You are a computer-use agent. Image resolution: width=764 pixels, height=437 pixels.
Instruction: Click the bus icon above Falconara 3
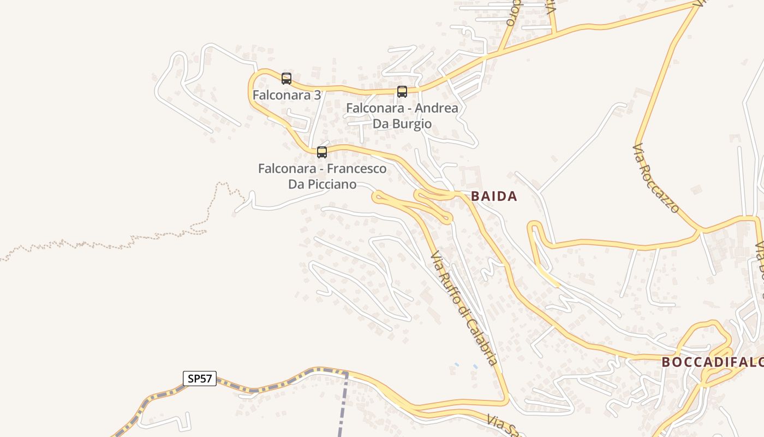[286, 79]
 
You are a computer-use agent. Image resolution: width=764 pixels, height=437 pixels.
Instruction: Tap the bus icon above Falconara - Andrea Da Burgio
[402, 92]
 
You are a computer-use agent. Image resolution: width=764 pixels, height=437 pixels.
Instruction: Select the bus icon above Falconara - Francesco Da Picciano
[322, 152]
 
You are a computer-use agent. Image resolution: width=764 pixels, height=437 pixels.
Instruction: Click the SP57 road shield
[199, 378]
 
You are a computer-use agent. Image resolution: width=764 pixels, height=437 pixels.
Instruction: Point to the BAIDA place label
[494, 197]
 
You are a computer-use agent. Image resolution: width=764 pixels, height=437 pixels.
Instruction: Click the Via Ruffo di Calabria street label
[464, 309]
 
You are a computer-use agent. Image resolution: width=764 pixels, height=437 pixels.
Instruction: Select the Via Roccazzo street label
[656, 178]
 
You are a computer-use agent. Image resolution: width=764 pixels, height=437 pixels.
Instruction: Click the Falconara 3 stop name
[286, 95]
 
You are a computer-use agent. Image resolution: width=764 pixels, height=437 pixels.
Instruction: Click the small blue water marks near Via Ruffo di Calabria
[465, 365]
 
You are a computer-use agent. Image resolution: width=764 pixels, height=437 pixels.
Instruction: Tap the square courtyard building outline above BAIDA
[470, 176]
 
